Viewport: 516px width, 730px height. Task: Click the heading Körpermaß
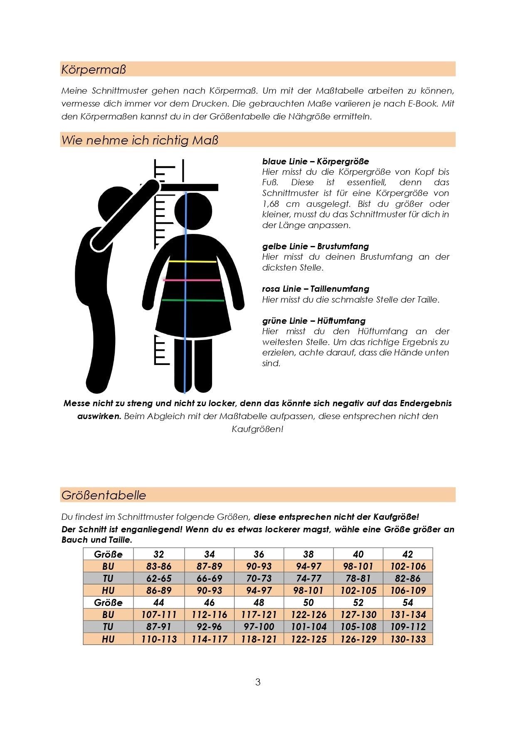click(x=94, y=69)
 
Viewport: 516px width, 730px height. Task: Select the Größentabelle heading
click(x=104, y=495)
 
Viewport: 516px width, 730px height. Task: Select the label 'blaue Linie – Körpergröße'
click(x=316, y=161)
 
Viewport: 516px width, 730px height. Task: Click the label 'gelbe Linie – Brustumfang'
click(x=316, y=246)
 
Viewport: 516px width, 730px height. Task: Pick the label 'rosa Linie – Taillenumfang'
click(x=316, y=289)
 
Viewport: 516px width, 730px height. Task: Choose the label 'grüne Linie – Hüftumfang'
click(x=314, y=321)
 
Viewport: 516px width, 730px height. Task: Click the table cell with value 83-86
click(x=159, y=566)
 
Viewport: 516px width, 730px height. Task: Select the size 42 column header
click(x=407, y=554)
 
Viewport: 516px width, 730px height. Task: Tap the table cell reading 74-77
click(x=309, y=579)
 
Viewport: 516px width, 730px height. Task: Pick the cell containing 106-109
click(x=408, y=591)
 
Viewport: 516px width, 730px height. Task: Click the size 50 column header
click(x=309, y=603)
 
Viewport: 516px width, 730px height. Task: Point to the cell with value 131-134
click(x=408, y=615)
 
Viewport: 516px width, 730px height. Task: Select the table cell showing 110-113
click(x=159, y=639)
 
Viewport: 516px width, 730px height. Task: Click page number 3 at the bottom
click(x=258, y=682)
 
